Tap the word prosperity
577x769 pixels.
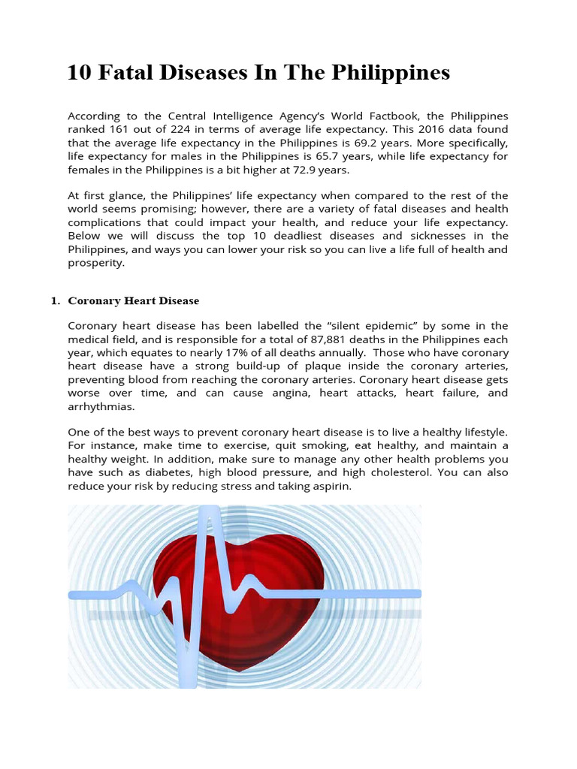click(95, 264)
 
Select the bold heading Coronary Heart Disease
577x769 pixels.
click(134, 301)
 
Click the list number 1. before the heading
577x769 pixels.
click(55, 301)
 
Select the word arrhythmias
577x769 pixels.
click(100, 407)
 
